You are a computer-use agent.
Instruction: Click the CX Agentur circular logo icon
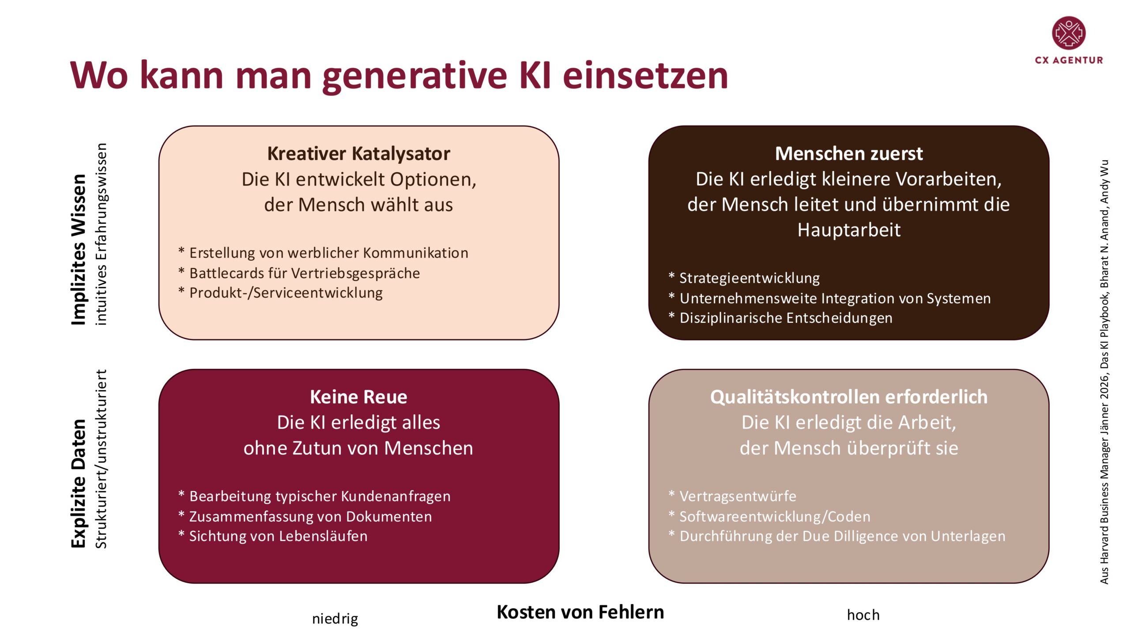coord(1069,33)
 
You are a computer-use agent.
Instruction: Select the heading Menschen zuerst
coord(848,154)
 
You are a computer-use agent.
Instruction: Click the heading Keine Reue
coord(358,397)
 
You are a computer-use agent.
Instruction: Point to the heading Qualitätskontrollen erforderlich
coord(848,397)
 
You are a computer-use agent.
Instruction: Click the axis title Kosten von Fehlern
coord(580,612)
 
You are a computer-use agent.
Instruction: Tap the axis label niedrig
coord(335,619)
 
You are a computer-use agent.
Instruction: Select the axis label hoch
coord(863,615)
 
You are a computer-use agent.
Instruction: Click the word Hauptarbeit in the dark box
coord(848,230)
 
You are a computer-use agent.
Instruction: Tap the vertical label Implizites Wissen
coord(79,250)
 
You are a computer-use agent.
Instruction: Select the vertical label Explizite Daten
coord(79,483)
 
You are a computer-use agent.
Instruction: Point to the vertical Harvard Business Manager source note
coord(1104,372)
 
